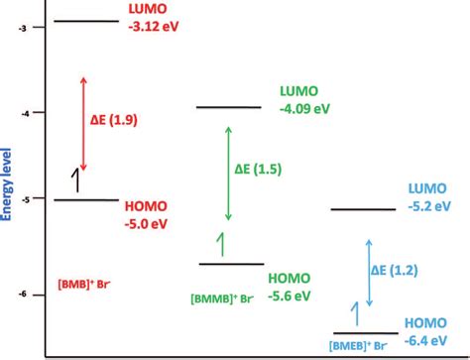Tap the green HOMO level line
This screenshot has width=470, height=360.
231,264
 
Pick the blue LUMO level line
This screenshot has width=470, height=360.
362,209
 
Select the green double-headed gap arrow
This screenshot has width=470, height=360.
229,172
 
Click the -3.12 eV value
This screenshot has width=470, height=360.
155,26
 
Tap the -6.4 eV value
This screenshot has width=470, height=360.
429,340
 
